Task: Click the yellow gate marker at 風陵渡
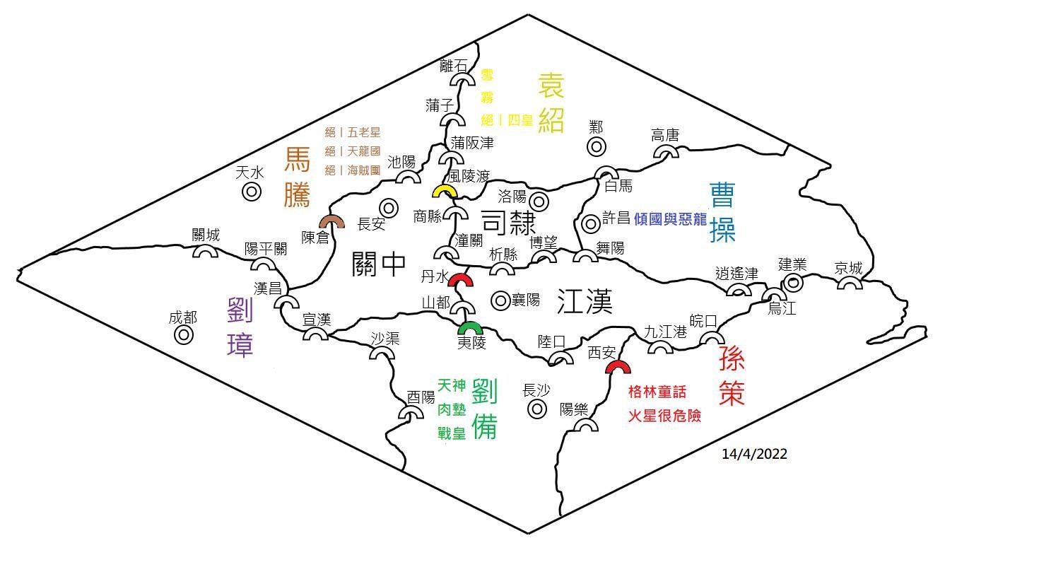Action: tap(445, 192)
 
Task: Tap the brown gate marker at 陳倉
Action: tap(331, 222)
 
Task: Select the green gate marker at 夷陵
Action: tap(470, 328)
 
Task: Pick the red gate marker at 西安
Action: tap(618, 368)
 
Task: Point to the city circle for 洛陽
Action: tap(540, 201)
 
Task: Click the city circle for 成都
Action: tap(184, 335)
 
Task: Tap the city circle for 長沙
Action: tap(537, 409)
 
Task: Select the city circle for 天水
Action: tap(252, 191)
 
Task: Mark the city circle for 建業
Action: tap(794, 283)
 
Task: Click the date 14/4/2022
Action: tap(754, 454)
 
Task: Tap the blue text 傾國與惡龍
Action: tap(670, 219)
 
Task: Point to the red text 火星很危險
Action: tap(664, 416)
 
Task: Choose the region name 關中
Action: tap(379, 264)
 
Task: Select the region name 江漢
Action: tap(584, 302)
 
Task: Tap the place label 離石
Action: tap(453, 66)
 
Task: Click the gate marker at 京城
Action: tap(850, 283)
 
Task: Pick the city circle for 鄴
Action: tap(597, 147)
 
